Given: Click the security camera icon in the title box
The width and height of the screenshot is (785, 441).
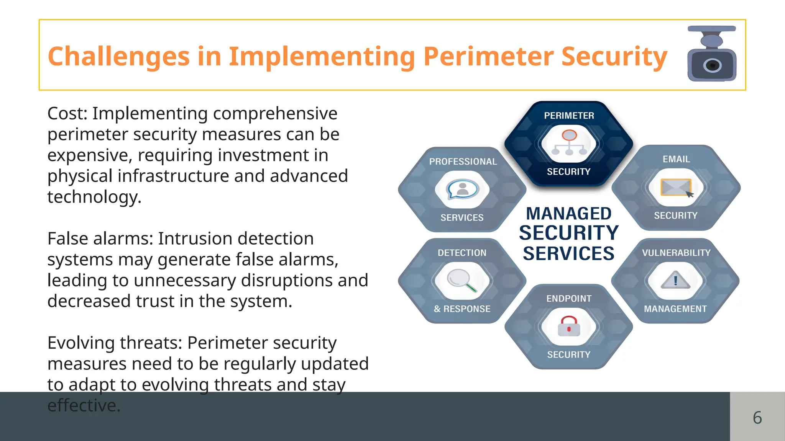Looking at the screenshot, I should tap(712, 54).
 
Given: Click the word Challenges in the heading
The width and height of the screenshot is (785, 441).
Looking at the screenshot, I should tap(119, 57).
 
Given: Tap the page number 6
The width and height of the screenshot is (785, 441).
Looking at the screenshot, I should tap(757, 417).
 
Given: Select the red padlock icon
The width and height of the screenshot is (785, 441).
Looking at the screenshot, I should tap(569, 326).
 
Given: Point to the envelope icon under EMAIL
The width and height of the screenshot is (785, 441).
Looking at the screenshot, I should tap(676, 188).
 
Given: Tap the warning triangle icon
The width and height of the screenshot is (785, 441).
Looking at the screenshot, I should tap(675, 281).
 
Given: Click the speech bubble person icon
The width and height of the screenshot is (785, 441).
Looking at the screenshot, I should tap(463, 189).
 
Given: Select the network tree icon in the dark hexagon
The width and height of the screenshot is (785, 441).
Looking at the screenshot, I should tap(569, 142).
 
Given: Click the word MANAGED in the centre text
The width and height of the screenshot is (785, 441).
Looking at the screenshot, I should tap(569, 214).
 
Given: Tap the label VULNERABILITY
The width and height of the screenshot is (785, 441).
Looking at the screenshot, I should tap(676, 253).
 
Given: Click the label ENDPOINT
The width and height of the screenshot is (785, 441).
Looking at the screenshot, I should tap(569, 299).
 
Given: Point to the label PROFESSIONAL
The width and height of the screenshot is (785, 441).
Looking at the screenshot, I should tap(463, 162).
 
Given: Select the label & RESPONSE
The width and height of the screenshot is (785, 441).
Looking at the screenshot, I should tap(462, 309).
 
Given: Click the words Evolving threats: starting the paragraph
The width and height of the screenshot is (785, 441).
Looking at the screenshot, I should tap(115, 343).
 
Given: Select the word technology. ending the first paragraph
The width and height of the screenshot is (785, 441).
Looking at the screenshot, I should tap(94, 197).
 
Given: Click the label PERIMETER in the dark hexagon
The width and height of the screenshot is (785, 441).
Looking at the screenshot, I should tap(569, 116).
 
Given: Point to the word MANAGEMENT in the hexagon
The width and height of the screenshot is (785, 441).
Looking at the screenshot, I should tap(675, 309).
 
